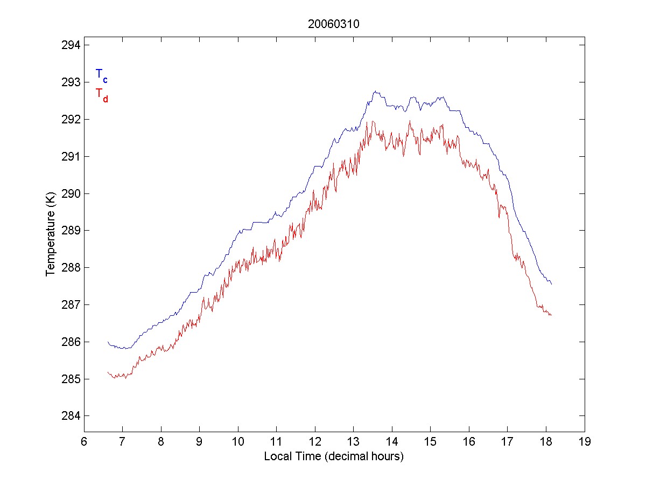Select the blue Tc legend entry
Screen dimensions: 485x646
pos(101,75)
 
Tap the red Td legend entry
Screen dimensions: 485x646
pos(101,94)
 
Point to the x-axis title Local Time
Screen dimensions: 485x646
pos(333,456)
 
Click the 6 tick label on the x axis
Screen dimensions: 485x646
pos(84,442)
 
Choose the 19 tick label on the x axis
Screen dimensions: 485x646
pos(585,442)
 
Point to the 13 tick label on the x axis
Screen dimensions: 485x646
pos(353,442)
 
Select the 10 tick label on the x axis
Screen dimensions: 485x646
pos(238,442)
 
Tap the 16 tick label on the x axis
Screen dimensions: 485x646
pos(469,442)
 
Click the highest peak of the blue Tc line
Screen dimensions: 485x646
pos(375,91)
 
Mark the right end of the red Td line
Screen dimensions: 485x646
pos(552,315)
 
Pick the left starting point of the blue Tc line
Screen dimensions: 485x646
pos(108,342)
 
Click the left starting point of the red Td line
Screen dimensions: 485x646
pos(108,372)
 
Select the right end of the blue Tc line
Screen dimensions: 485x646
pos(552,284)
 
